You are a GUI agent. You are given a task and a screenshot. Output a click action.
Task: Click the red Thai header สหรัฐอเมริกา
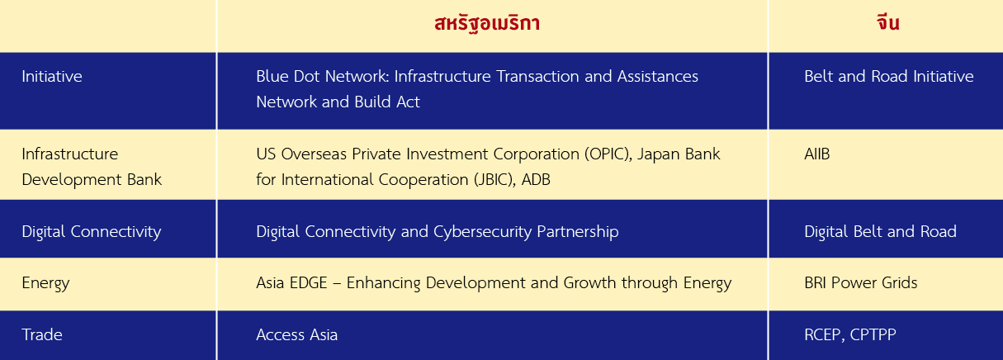pos(487,23)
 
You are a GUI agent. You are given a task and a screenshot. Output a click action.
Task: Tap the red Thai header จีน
pos(888,22)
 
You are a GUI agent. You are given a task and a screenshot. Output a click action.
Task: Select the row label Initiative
pos(52,77)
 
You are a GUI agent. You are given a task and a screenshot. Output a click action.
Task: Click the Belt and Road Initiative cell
pos(889,77)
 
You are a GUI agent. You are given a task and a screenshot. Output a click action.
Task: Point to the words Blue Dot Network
pos(321,77)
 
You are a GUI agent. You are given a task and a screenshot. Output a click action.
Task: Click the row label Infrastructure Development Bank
pos(92,167)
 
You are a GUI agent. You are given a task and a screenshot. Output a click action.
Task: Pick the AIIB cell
pos(816,154)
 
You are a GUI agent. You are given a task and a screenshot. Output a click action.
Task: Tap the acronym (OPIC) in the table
pos(608,154)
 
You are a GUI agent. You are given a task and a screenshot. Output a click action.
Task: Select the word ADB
pos(536,179)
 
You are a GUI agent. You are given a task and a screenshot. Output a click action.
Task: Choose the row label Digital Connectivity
pos(92,232)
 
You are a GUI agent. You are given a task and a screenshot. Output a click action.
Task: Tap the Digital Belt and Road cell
pos(880,231)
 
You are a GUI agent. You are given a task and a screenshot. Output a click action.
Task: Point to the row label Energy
pos(45,283)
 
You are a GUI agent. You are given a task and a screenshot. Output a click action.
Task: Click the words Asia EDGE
pos(291,283)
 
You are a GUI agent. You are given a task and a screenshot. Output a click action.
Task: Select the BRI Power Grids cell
pos(861,283)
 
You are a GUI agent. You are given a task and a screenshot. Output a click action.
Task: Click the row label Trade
pos(42,335)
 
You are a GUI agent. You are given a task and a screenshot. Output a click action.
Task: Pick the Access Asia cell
pos(297,335)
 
